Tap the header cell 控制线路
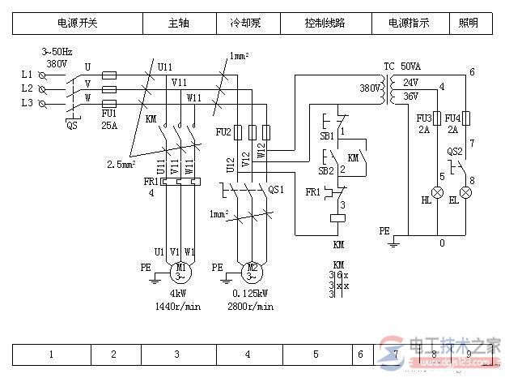(x=325, y=24)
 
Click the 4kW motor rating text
(x=178, y=294)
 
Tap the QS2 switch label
(x=453, y=151)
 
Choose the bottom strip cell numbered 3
(x=177, y=354)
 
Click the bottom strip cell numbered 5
(x=316, y=354)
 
